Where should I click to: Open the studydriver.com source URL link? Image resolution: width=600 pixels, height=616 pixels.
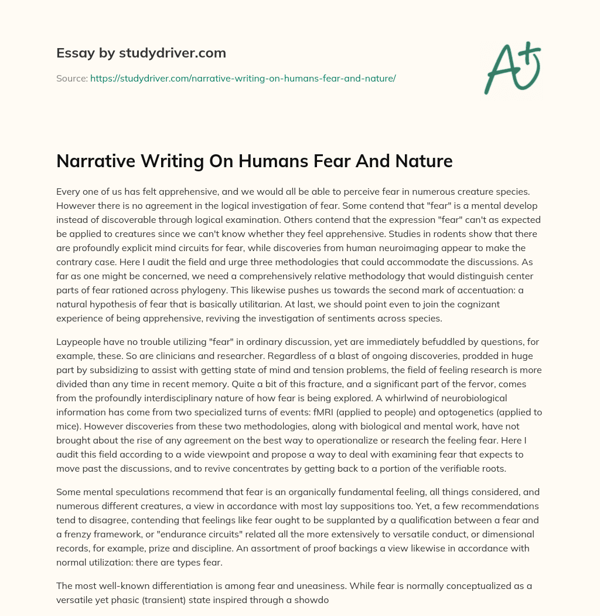pos(243,78)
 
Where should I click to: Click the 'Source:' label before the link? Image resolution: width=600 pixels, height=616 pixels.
pos(71,78)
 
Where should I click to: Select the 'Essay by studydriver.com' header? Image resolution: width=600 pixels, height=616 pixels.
pos(141,53)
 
